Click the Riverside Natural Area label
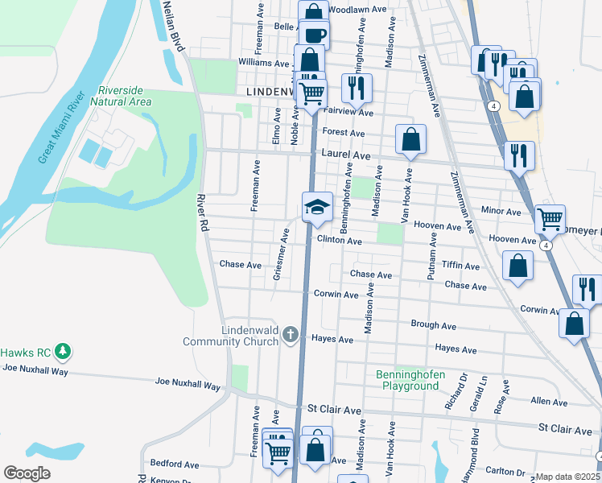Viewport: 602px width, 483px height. [x=122, y=96]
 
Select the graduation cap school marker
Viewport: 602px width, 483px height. [x=317, y=206]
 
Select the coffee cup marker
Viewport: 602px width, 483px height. [x=314, y=34]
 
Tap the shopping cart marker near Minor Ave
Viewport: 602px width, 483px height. [x=550, y=218]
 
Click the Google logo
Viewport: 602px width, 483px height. [x=27, y=473]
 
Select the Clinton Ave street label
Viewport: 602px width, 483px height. [x=339, y=240]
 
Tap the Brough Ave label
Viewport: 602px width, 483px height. [x=433, y=326]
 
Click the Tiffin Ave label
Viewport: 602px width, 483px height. [x=460, y=266]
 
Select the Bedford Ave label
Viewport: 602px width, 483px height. [x=175, y=464]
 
